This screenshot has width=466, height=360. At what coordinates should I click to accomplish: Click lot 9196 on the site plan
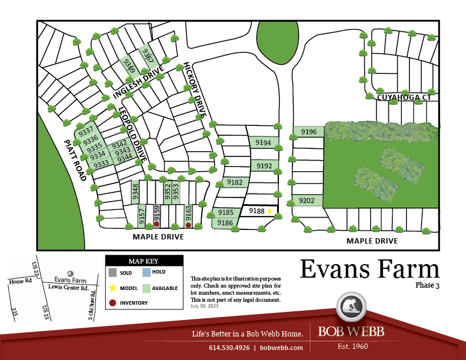click(x=309, y=132)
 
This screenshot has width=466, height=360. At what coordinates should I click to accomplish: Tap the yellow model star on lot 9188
click(x=270, y=211)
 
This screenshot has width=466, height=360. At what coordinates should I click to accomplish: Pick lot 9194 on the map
click(x=263, y=142)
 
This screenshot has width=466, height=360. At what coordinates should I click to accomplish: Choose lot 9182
click(x=234, y=182)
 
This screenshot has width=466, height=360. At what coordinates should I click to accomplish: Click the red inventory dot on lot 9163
click(x=188, y=225)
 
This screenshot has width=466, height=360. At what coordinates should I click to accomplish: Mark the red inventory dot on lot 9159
click(x=157, y=224)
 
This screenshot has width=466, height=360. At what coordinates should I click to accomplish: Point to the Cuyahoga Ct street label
click(x=404, y=97)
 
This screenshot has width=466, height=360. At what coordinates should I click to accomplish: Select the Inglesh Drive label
click(x=139, y=83)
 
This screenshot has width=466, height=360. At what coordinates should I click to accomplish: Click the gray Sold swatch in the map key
click(x=112, y=272)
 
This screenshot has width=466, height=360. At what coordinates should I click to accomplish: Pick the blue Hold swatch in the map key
click(x=145, y=272)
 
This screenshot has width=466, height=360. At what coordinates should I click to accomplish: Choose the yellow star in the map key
click(x=112, y=288)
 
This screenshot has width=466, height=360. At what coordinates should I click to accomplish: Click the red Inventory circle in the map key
click(x=112, y=303)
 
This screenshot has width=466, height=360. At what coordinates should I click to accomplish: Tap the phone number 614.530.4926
click(x=229, y=348)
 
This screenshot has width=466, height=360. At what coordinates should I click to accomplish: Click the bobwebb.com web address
click(x=281, y=348)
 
